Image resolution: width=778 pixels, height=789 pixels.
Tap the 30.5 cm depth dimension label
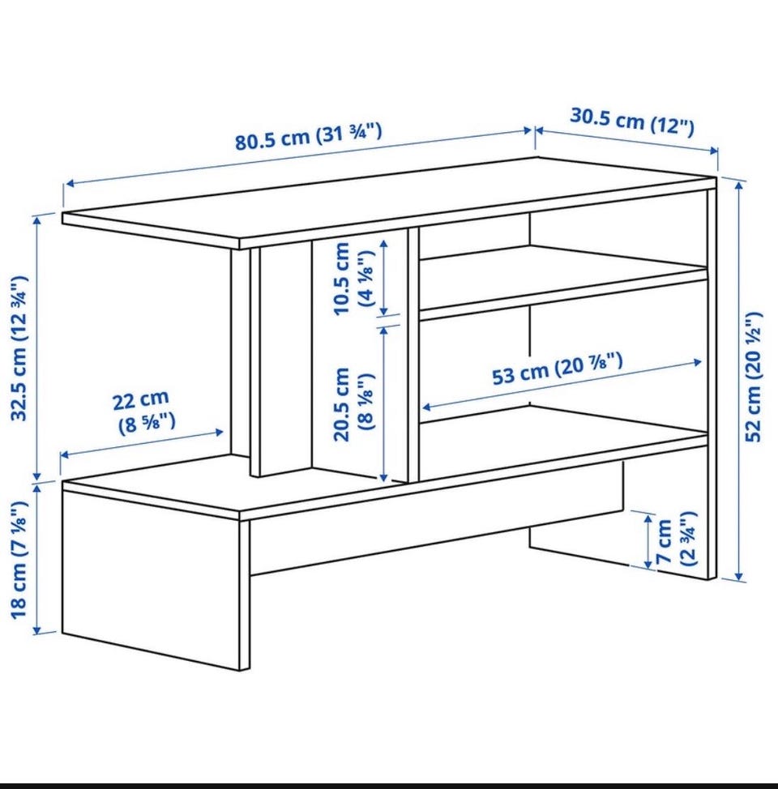(x=632, y=122)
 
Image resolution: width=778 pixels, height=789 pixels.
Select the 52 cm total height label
(x=754, y=377)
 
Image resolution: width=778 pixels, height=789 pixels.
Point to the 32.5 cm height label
(x=19, y=348)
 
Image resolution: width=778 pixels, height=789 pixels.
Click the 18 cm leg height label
(x=19, y=560)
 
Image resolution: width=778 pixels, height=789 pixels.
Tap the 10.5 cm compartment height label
(x=354, y=279)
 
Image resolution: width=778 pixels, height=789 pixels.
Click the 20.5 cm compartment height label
(x=354, y=403)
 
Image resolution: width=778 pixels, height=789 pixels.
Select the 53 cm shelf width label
(x=558, y=369)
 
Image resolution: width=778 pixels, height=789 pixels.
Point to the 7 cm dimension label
(x=676, y=539)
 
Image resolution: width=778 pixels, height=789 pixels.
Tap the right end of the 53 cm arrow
(x=701, y=361)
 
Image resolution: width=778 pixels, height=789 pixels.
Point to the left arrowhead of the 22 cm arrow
(x=63, y=455)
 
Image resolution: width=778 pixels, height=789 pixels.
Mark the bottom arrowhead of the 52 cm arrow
(x=739, y=578)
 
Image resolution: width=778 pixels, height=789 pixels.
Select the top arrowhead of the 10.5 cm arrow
(x=384, y=244)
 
